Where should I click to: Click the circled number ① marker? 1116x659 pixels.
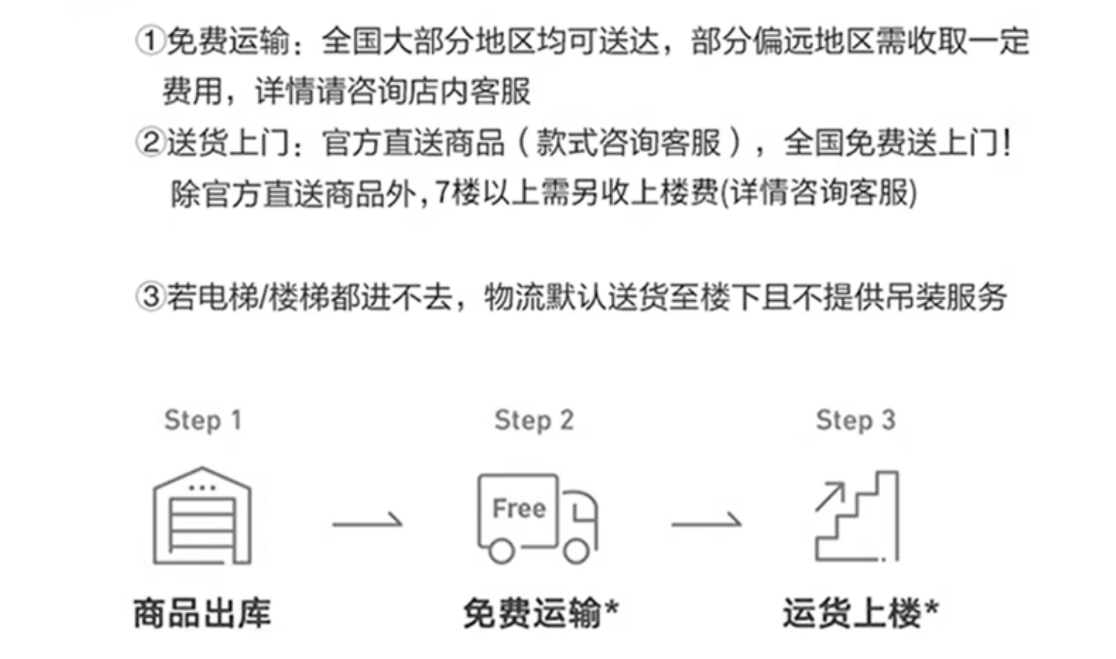[151, 41]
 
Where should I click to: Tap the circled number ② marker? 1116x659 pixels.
[151, 143]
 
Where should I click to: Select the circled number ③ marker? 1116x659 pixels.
[151, 297]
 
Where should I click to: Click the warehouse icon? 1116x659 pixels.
[202, 515]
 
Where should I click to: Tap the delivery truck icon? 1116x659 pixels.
[537, 519]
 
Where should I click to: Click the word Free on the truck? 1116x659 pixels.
[519, 508]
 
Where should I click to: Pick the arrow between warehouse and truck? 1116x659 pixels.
[367, 523]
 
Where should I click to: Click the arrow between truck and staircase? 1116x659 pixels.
[706, 523]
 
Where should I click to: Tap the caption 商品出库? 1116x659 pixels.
[202, 613]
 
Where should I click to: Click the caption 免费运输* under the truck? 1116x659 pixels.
[541, 613]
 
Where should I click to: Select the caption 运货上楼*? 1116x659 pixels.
[860, 613]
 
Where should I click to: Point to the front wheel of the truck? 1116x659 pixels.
[576, 551]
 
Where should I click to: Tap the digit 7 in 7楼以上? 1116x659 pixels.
[442, 192]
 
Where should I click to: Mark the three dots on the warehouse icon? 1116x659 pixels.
[202, 487]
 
